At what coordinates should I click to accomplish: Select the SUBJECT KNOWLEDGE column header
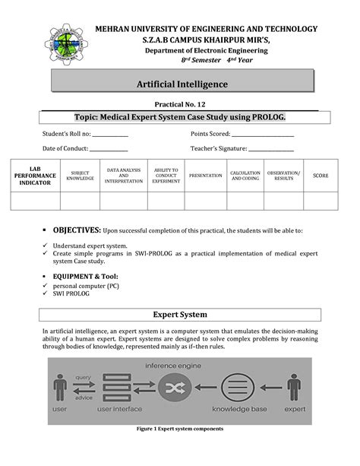[x=80, y=176]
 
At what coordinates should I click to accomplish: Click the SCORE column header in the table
[x=321, y=176]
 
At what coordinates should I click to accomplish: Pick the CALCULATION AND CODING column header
[x=245, y=176]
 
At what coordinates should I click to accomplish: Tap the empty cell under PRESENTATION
[x=206, y=200]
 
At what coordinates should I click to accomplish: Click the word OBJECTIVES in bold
[x=76, y=229]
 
